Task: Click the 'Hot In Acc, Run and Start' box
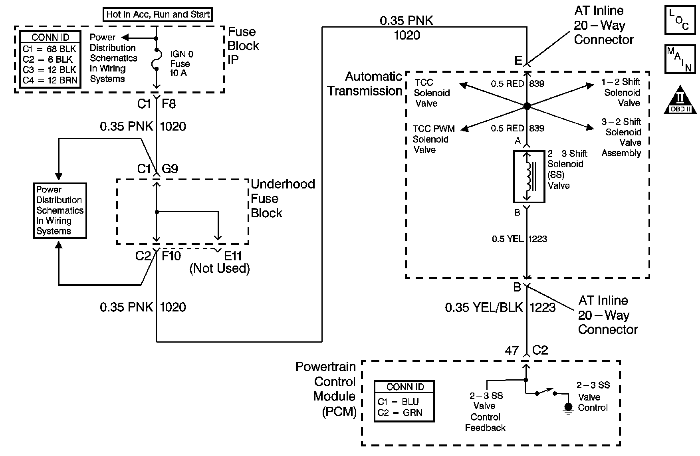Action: click(158, 15)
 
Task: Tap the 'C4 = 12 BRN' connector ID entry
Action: click(50, 80)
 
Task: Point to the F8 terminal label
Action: click(169, 104)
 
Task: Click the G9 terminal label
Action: click(170, 169)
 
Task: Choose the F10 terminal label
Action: click(171, 256)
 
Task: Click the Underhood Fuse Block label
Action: click(283, 198)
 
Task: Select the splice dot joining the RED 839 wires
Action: click(527, 106)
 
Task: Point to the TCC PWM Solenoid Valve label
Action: click(433, 139)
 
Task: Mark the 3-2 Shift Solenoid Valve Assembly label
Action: click(622, 137)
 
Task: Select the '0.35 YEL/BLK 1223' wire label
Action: click(500, 307)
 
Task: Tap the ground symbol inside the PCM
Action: click(567, 408)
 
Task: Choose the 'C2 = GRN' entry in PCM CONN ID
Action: click(400, 413)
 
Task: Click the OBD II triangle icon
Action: click(680, 100)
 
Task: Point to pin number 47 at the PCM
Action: click(512, 351)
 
